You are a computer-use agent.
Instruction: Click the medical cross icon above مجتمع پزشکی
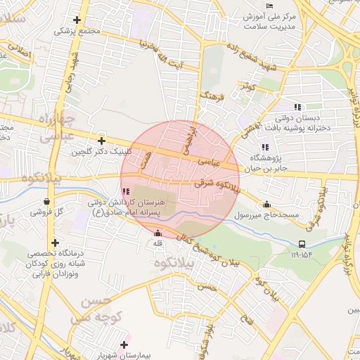(77, 20)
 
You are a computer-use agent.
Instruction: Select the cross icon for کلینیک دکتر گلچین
(102, 141)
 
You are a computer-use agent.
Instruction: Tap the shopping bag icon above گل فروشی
(46, 201)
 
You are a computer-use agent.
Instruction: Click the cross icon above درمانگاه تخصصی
(55, 243)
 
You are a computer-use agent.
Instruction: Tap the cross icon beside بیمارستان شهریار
(124, 345)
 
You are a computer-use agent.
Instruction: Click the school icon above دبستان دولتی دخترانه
(297, 107)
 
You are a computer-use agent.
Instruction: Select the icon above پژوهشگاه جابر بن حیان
(264, 147)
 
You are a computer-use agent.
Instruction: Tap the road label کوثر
(246, 87)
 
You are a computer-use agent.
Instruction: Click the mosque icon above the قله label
(157, 233)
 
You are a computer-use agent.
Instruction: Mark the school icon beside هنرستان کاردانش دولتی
(125, 191)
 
